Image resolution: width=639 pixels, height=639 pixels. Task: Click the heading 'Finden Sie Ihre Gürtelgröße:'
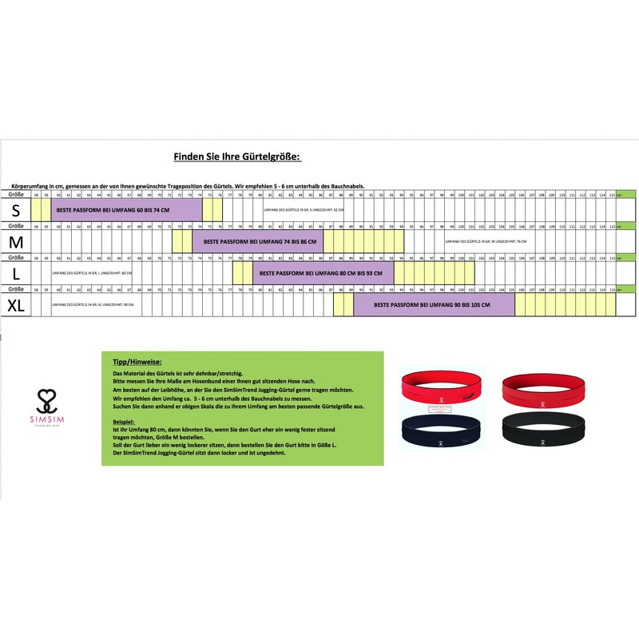coord(236,157)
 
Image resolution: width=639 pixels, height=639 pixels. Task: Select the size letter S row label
coord(16,210)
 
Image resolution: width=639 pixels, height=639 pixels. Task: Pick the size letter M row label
coord(16,241)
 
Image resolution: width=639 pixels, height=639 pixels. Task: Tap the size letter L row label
coord(16,273)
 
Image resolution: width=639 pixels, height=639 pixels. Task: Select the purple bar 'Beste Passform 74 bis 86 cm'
coord(257,241)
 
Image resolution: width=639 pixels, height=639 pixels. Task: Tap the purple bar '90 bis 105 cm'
coord(433,304)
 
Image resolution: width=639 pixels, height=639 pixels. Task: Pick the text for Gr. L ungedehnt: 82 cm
coord(91,273)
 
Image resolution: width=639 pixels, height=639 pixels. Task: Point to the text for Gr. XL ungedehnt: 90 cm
coord(91,304)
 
